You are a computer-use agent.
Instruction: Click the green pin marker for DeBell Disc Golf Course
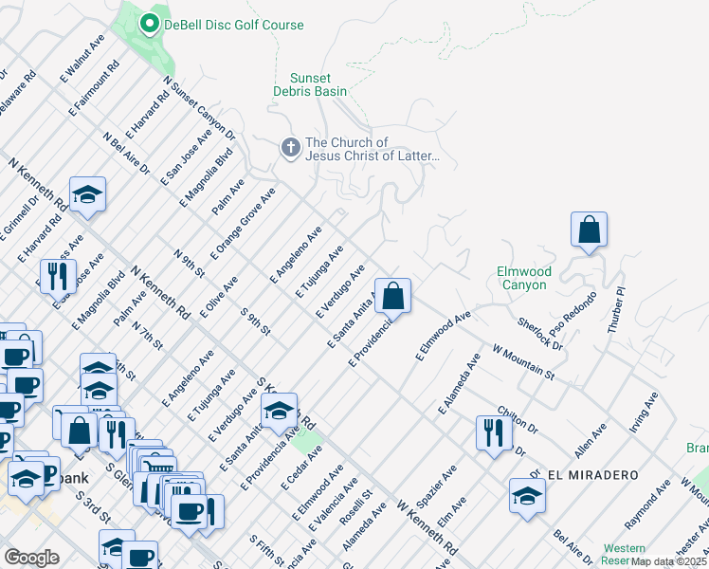[x=149, y=25]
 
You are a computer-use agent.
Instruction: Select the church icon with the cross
[x=289, y=148]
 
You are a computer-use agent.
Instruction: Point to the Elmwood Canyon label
[x=522, y=278]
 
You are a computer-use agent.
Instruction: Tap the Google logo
[x=32, y=558]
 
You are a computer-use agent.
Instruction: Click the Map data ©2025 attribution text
[x=668, y=561]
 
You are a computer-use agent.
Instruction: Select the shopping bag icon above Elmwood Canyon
[x=589, y=229]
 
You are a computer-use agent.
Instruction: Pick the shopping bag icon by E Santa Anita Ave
[x=391, y=296]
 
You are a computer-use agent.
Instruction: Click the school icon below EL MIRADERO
[x=528, y=496]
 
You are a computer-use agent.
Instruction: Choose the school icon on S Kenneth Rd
[x=279, y=410]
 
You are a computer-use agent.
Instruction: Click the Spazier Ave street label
[x=445, y=484]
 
